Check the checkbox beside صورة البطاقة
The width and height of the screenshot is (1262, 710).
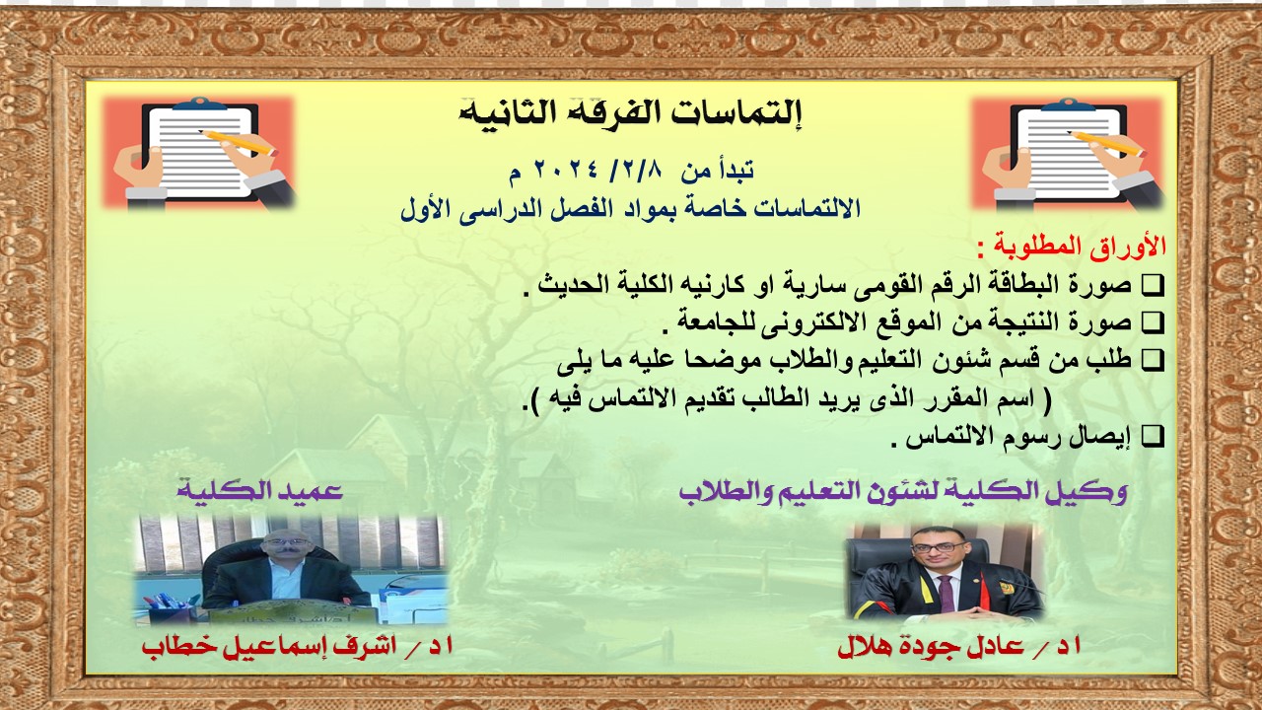[1153, 286]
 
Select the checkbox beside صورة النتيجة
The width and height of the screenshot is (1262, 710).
[1153, 322]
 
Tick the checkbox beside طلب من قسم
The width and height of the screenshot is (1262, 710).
[1153, 360]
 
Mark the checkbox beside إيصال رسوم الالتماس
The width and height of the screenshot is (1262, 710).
[1153, 436]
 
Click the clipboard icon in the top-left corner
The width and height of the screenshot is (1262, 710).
[198, 153]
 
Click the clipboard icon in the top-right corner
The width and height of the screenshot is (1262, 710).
[1067, 153]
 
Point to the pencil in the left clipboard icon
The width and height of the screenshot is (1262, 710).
[237, 143]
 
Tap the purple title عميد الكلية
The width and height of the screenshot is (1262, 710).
[259, 491]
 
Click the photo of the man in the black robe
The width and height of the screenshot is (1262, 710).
[945, 571]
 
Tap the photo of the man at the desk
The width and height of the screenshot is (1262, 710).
[291, 570]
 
